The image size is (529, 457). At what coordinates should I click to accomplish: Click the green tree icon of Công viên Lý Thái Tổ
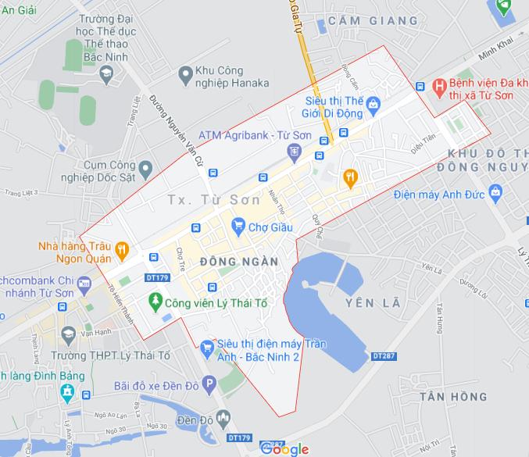coord(156,300)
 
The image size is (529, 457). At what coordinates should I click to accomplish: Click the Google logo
coord(284,448)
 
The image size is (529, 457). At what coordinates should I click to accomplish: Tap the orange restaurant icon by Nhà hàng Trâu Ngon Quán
coord(122,251)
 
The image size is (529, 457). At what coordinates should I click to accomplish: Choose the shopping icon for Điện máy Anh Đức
coord(494,192)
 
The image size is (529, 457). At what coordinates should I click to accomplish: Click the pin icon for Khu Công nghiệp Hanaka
coord(185,75)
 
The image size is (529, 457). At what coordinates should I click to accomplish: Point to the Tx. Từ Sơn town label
coord(213,200)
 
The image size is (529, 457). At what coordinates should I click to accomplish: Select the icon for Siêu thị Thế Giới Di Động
coord(374,102)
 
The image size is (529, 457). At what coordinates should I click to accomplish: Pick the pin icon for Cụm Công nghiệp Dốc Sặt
coord(145,166)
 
